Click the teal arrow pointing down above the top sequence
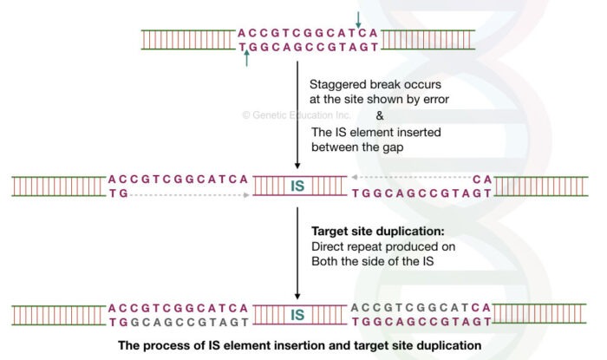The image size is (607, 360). pyautogui.click(x=357, y=16)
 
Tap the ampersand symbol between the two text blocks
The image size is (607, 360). pyautogui.click(x=378, y=116)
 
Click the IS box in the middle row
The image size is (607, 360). pyautogui.click(x=297, y=186)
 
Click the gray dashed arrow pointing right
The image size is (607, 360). pyautogui.click(x=191, y=194)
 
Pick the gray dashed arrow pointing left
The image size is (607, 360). pyautogui.click(x=411, y=179)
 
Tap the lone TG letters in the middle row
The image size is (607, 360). pyautogui.click(x=118, y=194)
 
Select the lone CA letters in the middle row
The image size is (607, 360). pyautogui.click(x=484, y=179)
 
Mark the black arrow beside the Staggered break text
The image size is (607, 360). pyautogui.click(x=297, y=121)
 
